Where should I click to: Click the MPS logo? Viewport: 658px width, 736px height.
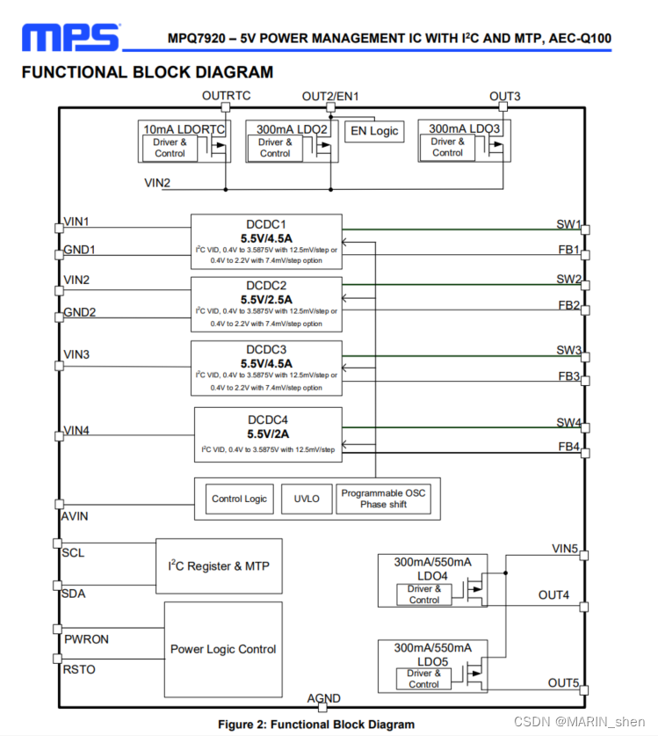[70, 37]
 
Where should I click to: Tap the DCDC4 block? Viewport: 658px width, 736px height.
[268, 434]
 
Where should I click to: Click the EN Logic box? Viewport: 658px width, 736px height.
[375, 131]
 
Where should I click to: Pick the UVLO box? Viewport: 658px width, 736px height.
[307, 499]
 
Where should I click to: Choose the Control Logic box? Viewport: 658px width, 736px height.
[239, 499]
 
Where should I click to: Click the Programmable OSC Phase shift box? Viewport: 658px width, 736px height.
[383, 499]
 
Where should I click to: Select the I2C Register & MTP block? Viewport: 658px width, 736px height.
[219, 566]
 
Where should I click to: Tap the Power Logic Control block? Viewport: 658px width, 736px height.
[223, 650]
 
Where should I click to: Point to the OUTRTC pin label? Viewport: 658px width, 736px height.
[226, 95]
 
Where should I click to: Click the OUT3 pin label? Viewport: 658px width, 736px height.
[504, 97]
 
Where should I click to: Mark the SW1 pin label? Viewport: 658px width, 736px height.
[568, 225]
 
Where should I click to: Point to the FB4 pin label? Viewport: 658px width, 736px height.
[568, 447]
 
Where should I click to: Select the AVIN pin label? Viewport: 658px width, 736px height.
[75, 516]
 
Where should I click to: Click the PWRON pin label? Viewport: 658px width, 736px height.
[86, 639]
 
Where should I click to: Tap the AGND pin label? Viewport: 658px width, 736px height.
[323, 699]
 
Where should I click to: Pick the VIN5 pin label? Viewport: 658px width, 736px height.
[564, 550]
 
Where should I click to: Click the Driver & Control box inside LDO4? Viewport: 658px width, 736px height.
[423, 594]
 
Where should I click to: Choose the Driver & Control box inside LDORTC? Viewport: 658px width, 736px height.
[170, 148]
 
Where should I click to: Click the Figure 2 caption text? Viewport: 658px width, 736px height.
[316, 725]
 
